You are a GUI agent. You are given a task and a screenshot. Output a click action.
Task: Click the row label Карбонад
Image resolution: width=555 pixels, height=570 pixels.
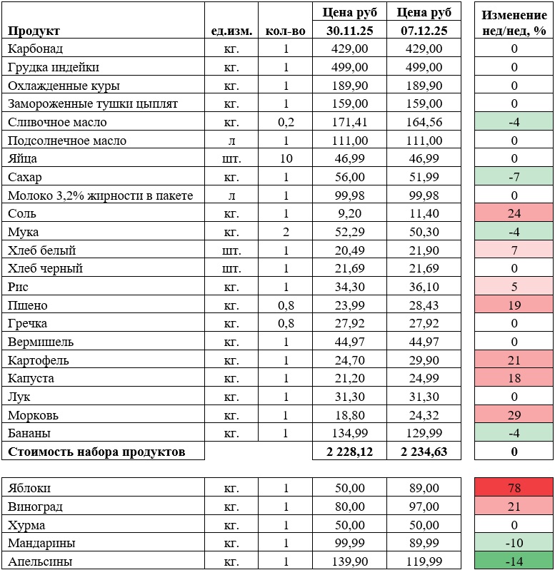coord(36,49)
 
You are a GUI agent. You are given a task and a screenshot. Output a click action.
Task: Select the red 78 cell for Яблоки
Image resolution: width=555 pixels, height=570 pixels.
coord(514,489)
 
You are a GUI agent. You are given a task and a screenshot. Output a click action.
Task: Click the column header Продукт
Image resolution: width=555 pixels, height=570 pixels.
coord(34,31)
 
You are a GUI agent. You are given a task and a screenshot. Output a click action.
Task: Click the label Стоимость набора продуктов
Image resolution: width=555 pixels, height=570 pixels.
coord(96,452)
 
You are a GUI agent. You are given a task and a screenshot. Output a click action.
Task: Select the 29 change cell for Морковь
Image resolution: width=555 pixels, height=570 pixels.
coord(514,415)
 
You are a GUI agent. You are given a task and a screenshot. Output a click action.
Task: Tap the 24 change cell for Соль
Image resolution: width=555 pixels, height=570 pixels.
coord(514,213)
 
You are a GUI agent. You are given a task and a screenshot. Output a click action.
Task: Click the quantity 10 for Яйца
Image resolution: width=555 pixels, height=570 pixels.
coord(286,158)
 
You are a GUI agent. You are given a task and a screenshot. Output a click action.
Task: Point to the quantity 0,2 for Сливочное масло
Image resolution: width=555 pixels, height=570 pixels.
coord(286,122)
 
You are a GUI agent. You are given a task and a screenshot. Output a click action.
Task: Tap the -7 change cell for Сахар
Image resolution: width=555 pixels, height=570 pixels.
coord(514,177)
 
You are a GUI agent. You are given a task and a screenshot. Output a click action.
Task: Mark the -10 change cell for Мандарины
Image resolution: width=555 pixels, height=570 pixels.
coord(514,544)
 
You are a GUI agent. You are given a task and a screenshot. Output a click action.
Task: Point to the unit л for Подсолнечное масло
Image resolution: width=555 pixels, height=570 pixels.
coord(231,141)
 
